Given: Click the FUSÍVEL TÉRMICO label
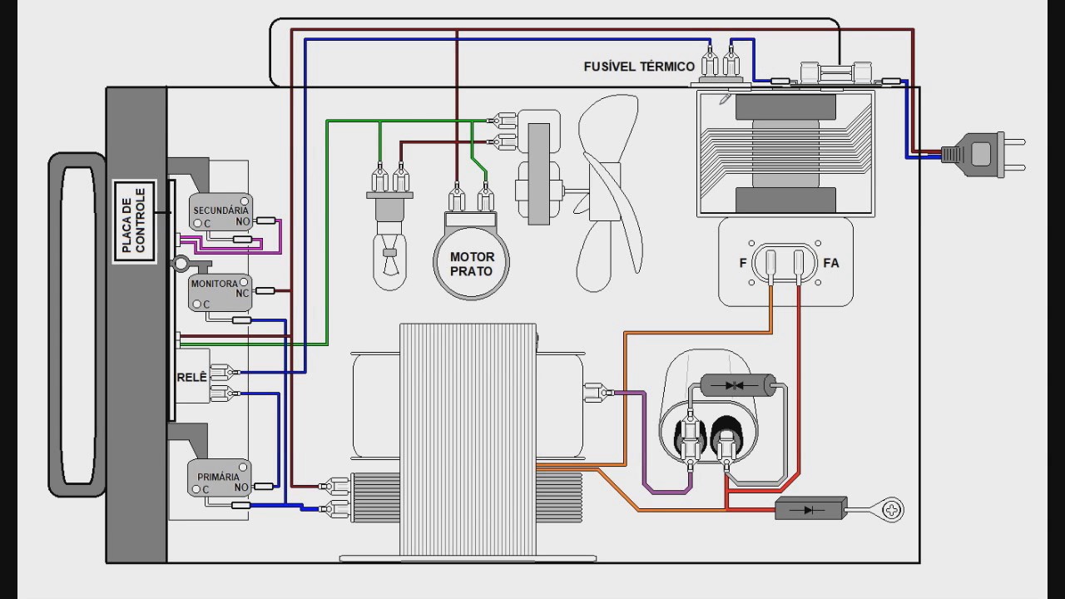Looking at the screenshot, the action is (639, 66).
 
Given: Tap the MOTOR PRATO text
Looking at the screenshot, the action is (472, 264).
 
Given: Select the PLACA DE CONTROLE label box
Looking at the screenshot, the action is (135, 221).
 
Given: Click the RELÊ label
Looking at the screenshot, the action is (192, 377).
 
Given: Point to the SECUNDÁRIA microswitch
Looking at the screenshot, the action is (220, 211).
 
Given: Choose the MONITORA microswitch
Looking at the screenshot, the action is (220, 293).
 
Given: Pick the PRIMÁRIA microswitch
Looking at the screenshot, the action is (219, 478).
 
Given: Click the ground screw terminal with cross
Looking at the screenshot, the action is (892, 510).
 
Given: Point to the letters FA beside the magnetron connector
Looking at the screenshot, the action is (831, 263).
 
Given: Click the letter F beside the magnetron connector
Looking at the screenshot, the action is (743, 263).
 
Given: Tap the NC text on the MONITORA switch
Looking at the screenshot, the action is (242, 294).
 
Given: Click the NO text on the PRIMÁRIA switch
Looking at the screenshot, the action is (241, 488).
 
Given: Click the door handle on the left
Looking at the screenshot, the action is (77, 324).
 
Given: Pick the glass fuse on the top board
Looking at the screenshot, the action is (836, 73).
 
